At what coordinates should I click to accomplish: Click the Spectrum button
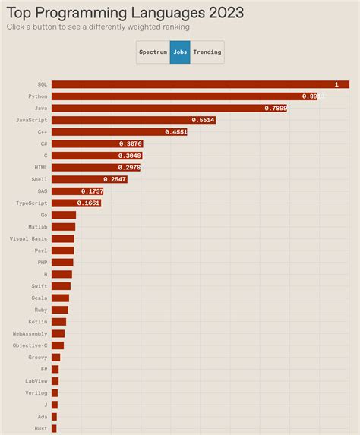click(153, 52)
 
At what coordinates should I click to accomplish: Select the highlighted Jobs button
click(180, 52)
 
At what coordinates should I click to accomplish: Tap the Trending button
click(207, 52)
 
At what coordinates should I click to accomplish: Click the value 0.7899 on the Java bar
click(275, 109)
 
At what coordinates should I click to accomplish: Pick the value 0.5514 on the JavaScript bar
click(203, 120)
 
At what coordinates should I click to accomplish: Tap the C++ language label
click(43, 132)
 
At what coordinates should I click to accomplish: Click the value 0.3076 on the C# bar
click(130, 143)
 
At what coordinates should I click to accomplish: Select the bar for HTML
click(96, 167)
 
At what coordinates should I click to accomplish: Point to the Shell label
click(39, 179)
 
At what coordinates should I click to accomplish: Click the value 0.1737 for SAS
click(92, 191)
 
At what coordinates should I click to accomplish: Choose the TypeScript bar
click(76, 203)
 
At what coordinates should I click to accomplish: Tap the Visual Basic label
click(28, 238)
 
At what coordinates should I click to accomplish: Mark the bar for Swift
click(61, 286)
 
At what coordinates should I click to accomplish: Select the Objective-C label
click(30, 345)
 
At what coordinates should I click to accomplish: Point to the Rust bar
click(54, 428)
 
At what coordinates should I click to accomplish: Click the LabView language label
click(36, 381)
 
